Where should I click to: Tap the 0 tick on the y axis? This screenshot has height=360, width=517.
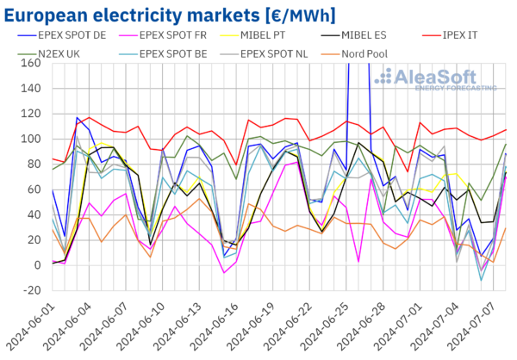34,264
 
